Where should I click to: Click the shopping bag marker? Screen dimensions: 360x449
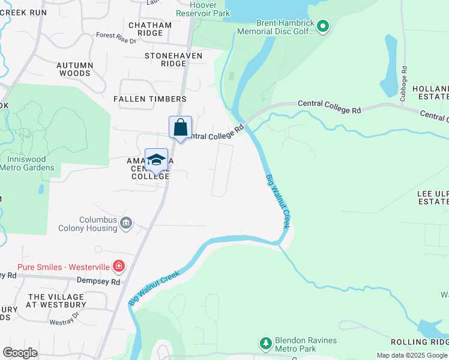pyautogui.click(x=180, y=127)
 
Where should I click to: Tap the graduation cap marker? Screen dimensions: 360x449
pyautogui.click(x=156, y=160)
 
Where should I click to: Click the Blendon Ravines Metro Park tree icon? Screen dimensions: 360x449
pyautogui.click(x=265, y=343)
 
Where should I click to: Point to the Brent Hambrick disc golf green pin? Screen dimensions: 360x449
pyautogui.click(x=323, y=26)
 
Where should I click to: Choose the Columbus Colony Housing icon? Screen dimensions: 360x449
pyautogui.click(x=126, y=224)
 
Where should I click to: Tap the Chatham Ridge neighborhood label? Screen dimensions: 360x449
pyautogui.click(x=150, y=29)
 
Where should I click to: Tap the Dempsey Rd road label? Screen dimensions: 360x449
pyautogui.click(x=98, y=281)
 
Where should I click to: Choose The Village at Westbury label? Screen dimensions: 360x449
pyautogui.click(x=56, y=301)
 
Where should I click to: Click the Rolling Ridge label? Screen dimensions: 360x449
pyautogui.click(x=419, y=341)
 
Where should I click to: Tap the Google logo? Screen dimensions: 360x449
pyautogui.click(x=20, y=353)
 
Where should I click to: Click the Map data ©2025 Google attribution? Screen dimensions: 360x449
pyautogui.click(x=411, y=355)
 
